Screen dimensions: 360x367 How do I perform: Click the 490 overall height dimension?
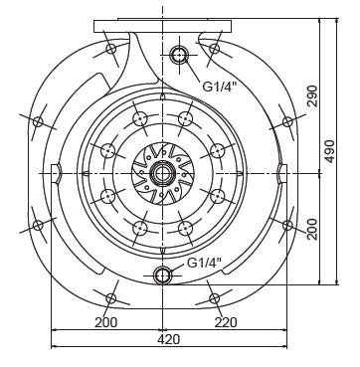330,151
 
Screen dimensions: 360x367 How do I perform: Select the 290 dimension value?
312,95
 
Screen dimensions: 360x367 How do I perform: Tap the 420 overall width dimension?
169,339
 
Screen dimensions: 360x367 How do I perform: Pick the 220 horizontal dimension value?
226,322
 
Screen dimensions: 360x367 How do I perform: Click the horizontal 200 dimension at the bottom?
106,322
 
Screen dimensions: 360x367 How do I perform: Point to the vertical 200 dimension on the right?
312,229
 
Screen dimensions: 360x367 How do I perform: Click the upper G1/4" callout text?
220,87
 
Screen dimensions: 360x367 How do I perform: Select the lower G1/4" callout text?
204,264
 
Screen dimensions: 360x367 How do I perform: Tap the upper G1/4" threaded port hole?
179,55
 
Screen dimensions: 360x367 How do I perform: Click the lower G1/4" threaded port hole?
162,275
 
